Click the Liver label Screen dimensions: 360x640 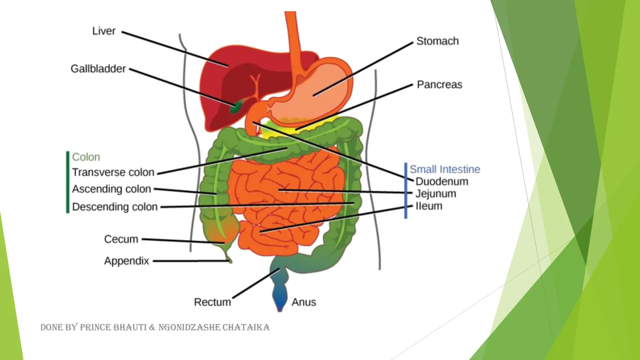[104, 31]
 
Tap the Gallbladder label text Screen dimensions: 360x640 [98, 69]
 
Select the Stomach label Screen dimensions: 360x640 [437, 41]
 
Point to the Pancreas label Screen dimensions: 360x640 [439, 85]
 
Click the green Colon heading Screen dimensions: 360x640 [86, 157]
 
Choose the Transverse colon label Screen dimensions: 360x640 [113, 172]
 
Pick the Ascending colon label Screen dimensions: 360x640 [111, 189]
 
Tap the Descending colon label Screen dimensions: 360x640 [115, 207]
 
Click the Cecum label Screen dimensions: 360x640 [121, 239]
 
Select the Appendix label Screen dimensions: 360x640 [126, 261]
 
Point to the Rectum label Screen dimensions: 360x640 [212, 302]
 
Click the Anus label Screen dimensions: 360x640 [304, 302]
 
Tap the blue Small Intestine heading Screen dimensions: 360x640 [445, 169]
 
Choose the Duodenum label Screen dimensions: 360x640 [442, 182]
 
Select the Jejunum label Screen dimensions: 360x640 [436, 194]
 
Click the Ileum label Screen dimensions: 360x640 [429, 206]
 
